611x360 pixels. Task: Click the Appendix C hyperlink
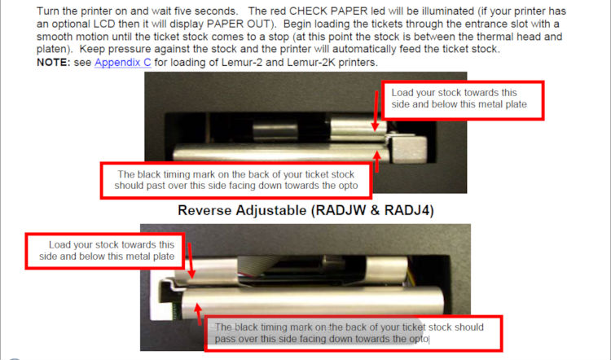click(123, 63)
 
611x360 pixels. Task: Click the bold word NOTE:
click(54, 63)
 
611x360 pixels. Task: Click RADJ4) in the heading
click(409, 210)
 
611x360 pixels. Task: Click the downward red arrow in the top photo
click(376, 111)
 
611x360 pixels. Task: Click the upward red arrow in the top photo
click(377, 161)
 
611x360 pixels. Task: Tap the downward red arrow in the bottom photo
click(191, 261)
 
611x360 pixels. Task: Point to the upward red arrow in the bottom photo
click(199, 314)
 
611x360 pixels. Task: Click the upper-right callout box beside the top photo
click(463, 100)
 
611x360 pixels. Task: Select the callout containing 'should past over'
click(236, 180)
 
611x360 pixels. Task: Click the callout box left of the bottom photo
click(105, 252)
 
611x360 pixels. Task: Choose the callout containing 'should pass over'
click(353, 333)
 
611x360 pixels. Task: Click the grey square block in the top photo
click(408, 150)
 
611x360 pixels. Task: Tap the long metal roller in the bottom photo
click(312, 301)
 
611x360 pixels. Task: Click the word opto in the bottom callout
click(419, 340)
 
